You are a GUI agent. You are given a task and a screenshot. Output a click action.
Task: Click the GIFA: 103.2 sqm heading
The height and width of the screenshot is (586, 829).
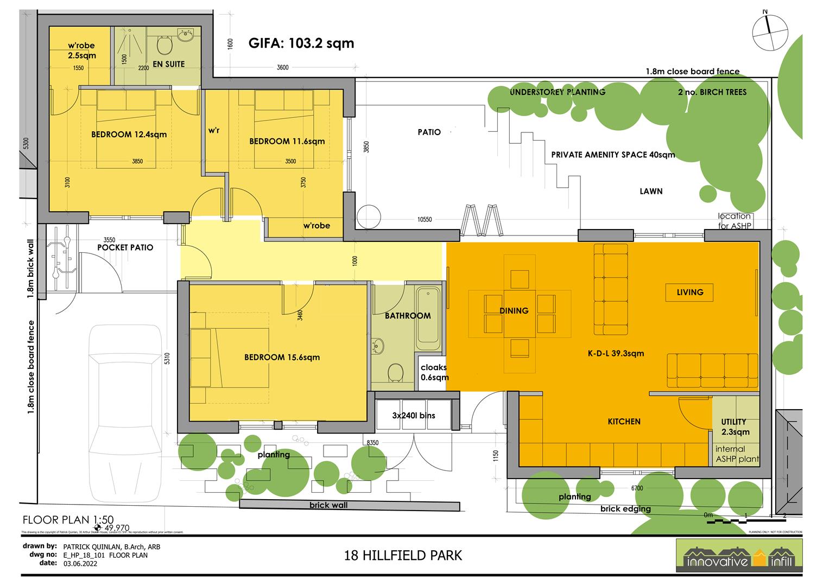[x=301, y=43]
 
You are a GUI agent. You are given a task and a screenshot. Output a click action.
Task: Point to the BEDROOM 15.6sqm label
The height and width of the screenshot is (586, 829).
[x=282, y=357]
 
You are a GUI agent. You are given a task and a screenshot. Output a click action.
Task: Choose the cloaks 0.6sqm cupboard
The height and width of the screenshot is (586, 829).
[x=433, y=372]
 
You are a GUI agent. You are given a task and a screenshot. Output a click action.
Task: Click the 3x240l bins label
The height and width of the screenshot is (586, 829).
[x=414, y=416]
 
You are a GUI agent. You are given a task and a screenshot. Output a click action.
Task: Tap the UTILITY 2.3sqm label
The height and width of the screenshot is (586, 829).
[x=735, y=426]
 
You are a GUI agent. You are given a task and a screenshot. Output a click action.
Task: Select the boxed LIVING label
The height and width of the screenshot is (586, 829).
[x=689, y=292]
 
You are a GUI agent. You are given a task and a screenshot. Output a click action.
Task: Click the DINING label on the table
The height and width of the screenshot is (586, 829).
[x=514, y=311]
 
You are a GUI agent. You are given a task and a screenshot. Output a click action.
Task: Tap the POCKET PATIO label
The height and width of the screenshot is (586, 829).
[x=125, y=247]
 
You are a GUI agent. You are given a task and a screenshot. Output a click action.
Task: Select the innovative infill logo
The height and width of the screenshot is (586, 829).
[x=739, y=556]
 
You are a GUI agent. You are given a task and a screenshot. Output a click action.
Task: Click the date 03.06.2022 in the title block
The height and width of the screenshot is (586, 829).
[x=78, y=564]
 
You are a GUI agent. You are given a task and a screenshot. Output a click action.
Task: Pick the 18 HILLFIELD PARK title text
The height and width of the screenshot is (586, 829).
[x=403, y=556]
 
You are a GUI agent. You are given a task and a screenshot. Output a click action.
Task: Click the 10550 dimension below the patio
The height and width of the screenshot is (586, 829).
[x=425, y=220]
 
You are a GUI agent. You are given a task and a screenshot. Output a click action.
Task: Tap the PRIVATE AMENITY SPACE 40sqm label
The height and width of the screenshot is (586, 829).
[x=613, y=155]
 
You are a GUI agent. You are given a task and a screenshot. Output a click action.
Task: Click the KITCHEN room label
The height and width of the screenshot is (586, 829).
[x=624, y=422]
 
